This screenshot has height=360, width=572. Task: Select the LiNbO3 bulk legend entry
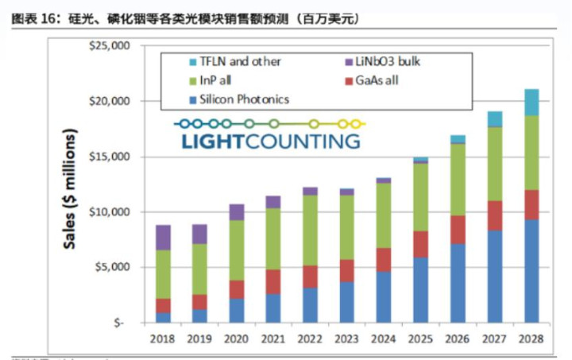point(385,61)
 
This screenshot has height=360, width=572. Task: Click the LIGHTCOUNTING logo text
point(270,142)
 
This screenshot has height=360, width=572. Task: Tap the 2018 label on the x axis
point(163,339)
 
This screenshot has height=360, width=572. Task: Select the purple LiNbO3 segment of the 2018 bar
point(163,237)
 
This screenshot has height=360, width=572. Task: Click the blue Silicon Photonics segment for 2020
point(235,310)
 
